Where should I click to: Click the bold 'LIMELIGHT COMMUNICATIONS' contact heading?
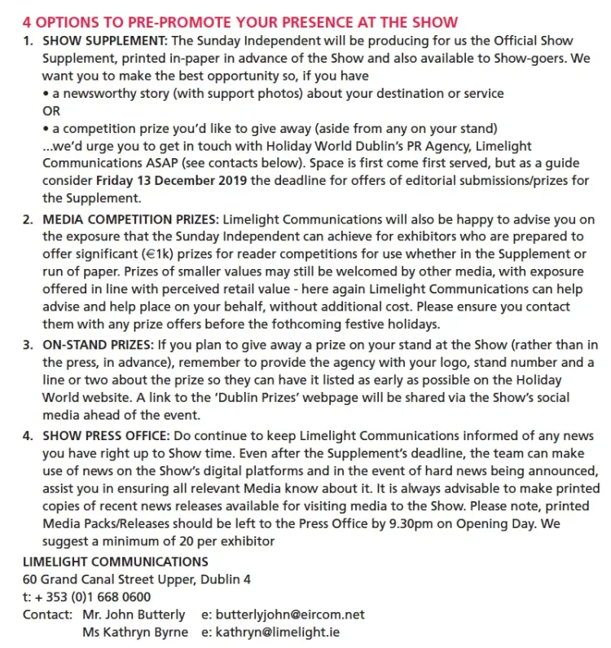[115, 562]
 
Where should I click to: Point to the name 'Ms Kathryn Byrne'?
[134, 632]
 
